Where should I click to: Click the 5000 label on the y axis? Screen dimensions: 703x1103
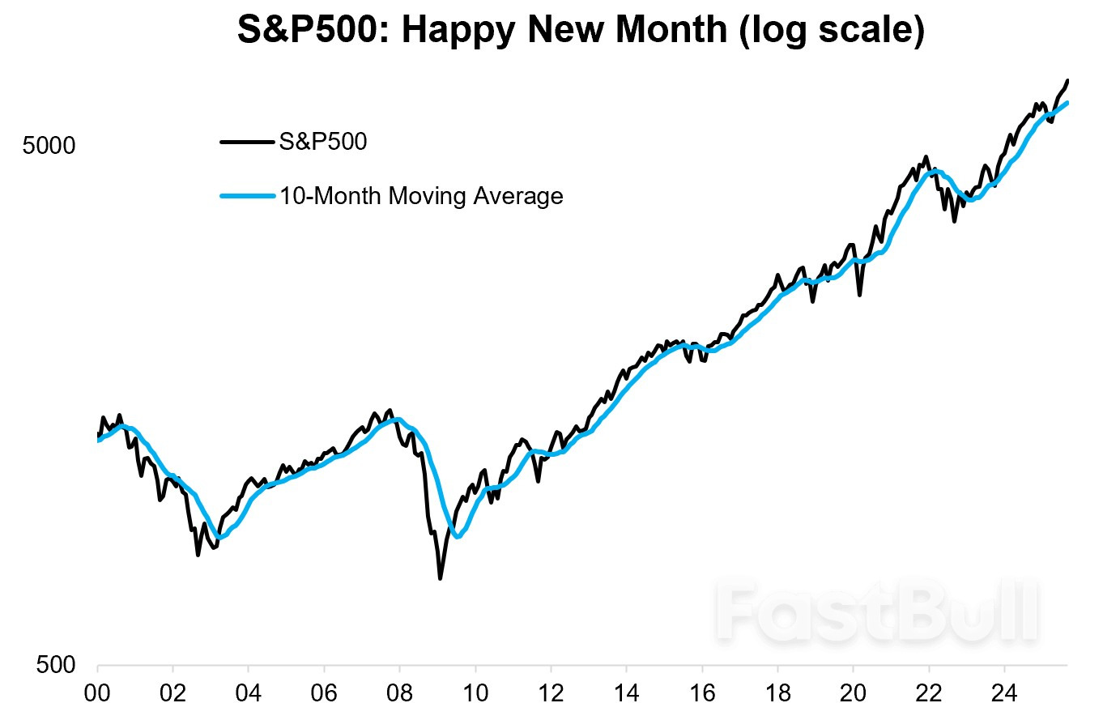49,147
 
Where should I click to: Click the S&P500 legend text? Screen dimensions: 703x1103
323,142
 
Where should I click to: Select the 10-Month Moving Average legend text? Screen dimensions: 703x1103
420,195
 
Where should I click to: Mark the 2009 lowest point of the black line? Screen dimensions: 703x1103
440,578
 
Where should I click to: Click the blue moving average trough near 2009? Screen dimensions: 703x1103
458,536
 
